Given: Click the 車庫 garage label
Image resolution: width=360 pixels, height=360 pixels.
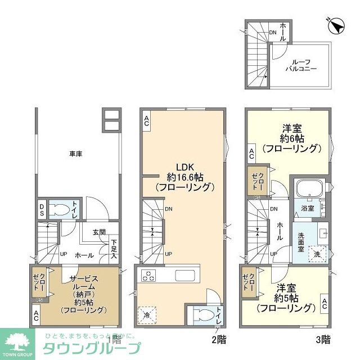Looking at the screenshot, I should tap(76, 153).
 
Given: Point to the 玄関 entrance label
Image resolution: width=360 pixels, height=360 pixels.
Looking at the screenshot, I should tap(99, 232).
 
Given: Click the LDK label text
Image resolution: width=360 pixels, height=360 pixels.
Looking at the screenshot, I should tap(185, 167).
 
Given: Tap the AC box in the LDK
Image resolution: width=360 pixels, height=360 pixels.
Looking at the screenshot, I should tap(146, 120).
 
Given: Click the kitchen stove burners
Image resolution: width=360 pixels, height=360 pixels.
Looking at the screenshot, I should tap(148, 276).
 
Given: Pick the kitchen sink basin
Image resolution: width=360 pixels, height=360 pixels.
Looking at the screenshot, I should tap(184, 276).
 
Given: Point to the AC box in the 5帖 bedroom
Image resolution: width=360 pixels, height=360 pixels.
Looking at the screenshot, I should tap(325, 304).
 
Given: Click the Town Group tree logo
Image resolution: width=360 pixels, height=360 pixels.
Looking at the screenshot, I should tap(20, 343).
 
